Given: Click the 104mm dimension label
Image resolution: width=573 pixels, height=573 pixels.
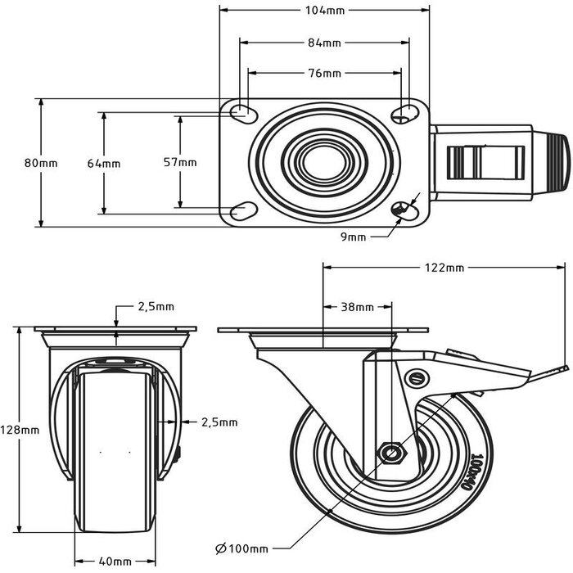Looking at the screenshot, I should (324, 11).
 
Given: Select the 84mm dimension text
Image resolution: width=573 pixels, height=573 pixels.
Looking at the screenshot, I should (324, 43).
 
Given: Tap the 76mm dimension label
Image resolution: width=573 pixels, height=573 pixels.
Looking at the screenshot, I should (324, 74).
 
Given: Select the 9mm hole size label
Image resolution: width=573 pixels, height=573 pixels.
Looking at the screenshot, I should (353, 237).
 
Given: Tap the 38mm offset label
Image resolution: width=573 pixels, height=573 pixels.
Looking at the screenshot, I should (357, 308).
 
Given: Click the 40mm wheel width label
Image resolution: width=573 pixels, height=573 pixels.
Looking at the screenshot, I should (115, 562).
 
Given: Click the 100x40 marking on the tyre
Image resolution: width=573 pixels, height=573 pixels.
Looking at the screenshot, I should (478, 472).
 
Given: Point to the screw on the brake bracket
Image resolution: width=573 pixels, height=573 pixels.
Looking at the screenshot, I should (417, 378).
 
